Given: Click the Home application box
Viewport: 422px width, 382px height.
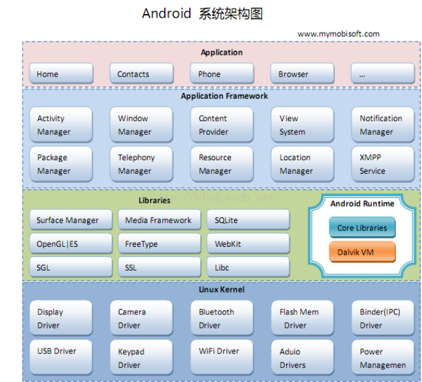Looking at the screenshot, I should point(61,74).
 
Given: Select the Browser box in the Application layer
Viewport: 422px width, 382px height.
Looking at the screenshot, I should point(302,74).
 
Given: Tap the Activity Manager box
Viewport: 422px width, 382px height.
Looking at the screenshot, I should point(61,125).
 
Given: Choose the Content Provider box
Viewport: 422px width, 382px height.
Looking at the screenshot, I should point(221,125).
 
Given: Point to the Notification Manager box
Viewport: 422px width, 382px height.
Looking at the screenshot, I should point(383,125).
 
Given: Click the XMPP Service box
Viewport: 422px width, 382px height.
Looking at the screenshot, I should point(383,164).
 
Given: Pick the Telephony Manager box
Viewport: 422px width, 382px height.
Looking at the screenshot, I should point(141,164).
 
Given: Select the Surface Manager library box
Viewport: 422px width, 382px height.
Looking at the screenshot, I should point(71,221).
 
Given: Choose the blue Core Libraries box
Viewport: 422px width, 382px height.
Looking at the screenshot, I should point(362,228).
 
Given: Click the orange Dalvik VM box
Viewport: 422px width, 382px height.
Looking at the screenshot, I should point(362,252).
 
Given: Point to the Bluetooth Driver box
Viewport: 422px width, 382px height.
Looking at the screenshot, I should point(221,318).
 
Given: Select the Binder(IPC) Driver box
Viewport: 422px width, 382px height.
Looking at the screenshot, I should point(383,318).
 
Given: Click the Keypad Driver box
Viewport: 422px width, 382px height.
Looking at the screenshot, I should point(141,358).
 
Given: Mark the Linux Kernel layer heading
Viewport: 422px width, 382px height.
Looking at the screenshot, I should point(221,289).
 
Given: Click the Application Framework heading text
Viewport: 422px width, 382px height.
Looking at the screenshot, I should point(224,96).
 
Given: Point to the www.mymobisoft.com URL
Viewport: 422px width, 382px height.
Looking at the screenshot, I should point(338,34).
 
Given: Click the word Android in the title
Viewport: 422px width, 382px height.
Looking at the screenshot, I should point(166,13).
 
